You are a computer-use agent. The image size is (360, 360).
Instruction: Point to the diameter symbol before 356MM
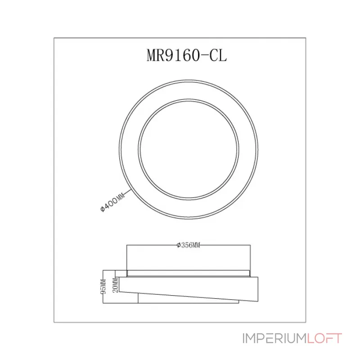point(179,245)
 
